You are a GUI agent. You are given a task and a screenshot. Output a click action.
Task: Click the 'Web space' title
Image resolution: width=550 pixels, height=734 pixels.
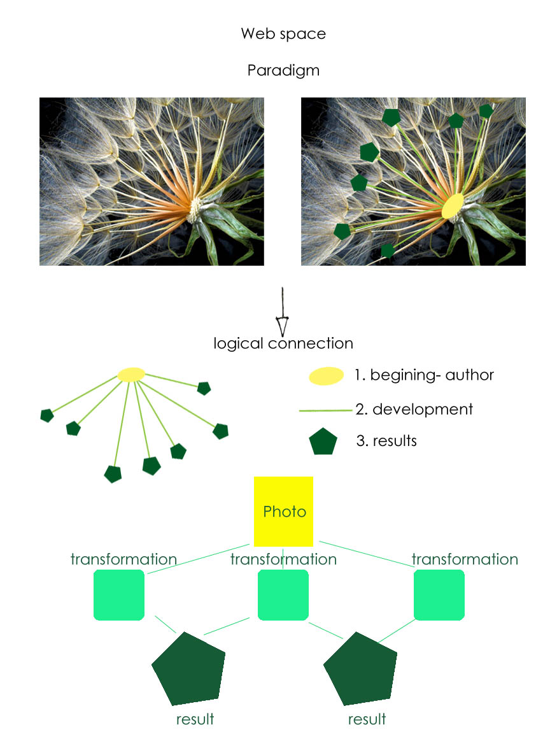283,34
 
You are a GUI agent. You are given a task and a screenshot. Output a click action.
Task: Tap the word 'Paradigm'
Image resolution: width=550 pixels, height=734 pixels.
283,71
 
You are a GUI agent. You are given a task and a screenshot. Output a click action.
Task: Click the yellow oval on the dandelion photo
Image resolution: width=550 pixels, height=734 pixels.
453,206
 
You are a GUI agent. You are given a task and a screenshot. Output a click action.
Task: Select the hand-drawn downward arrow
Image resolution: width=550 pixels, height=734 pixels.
282,312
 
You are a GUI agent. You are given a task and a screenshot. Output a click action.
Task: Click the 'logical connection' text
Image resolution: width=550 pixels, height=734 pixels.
283,343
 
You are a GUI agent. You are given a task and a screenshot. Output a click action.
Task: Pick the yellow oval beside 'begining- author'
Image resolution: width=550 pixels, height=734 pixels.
327,377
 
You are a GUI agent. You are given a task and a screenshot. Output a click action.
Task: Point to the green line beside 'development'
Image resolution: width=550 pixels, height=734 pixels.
325,411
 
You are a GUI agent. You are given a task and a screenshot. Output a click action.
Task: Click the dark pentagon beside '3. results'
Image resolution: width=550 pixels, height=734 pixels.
323,442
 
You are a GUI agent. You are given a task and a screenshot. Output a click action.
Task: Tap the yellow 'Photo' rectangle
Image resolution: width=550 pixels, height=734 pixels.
283,511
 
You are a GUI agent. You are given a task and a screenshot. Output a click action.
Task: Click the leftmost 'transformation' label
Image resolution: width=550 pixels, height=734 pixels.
123,559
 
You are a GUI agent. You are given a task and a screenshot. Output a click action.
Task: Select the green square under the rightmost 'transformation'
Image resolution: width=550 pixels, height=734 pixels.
439,595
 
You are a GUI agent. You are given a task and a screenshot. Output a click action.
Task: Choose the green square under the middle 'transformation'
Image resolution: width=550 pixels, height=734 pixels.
283,595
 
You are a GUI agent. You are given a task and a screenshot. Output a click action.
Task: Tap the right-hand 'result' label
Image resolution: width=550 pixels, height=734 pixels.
367,719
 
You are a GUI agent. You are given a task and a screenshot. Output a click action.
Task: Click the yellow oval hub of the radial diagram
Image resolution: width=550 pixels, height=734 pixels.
132,375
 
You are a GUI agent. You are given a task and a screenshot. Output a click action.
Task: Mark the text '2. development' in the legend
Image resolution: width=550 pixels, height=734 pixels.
414,409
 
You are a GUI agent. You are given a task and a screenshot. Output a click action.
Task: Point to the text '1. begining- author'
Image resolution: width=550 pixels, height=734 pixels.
424,375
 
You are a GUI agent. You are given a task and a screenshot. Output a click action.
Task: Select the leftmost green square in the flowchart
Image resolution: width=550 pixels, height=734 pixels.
119,595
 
